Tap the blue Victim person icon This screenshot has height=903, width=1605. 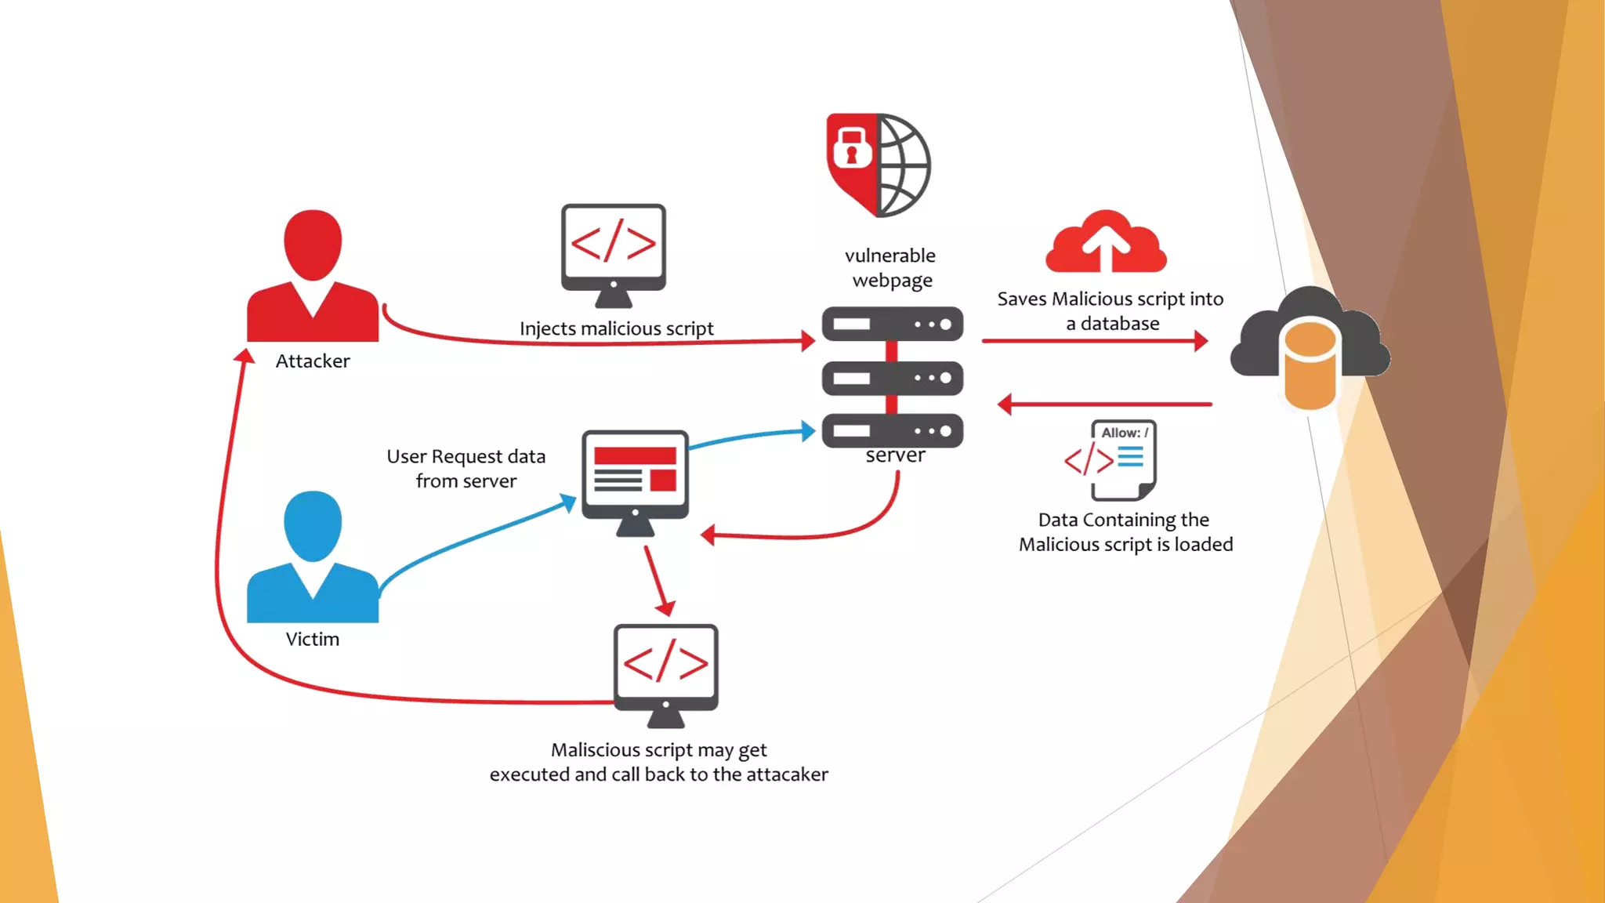[313, 556]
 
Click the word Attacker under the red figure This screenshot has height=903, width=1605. [313, 361]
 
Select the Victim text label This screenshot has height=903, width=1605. [313, 640]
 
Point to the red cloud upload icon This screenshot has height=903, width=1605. [1106, 242]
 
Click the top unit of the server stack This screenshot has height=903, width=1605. [892, 325]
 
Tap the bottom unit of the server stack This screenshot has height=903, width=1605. [892, 431]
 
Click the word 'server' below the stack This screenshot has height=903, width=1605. [895, 455]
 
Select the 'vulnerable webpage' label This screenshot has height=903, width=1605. [891, 268]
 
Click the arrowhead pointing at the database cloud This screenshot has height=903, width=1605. [1200, 341]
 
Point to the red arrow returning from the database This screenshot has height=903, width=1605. [1105, 404]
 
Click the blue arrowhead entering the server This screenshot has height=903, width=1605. [807, 431]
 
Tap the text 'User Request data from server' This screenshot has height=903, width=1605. [466, 469]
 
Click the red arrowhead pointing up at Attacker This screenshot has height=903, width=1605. [245, 357]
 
